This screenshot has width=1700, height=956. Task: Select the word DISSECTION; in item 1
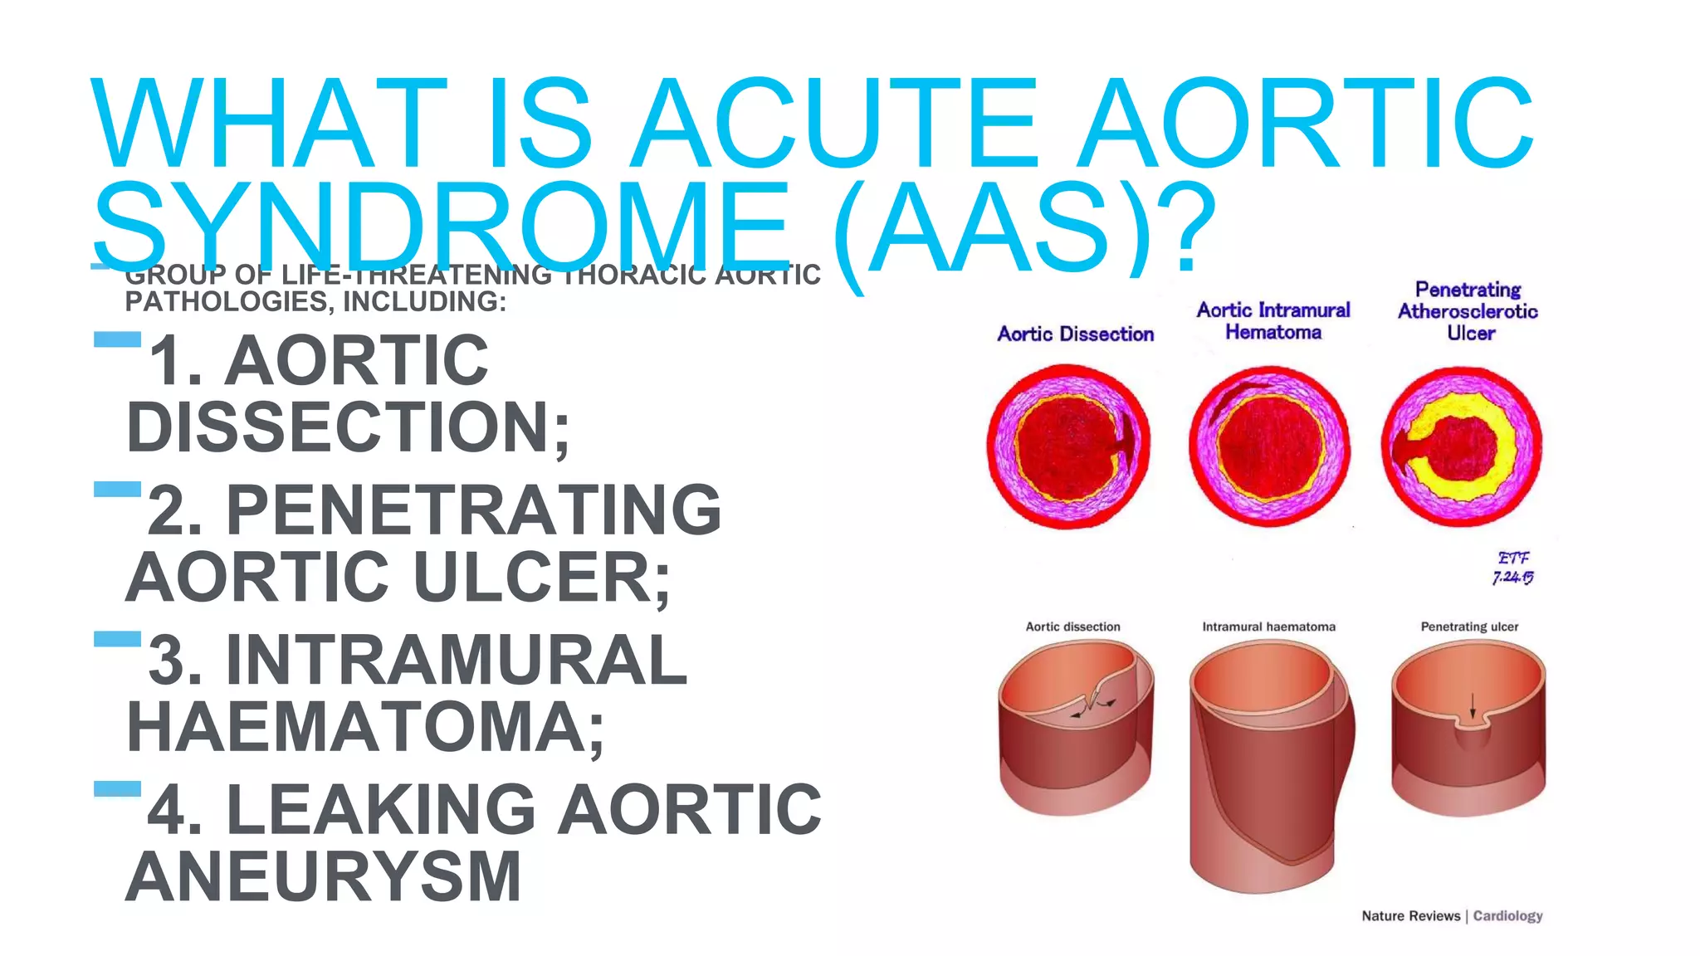pos(348,427)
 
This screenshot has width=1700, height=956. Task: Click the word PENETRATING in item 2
pos(473,510)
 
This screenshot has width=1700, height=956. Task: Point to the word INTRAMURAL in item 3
pos(457,660)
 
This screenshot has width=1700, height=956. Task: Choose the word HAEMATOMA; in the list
pos(365,727)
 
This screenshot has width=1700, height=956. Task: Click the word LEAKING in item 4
pos(381,809)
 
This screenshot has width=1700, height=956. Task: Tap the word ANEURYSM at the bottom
pos(324,876)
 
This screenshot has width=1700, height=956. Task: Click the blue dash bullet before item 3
pos(117,639)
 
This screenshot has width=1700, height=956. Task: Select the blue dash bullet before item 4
pos(117,788)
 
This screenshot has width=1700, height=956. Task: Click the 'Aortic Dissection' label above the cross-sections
pos(1075,334)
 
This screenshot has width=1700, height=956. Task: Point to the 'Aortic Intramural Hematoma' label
pos(1273,321)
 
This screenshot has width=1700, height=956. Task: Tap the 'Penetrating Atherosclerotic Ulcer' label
pos(1468,311)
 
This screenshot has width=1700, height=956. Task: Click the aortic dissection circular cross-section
pos(1068,446)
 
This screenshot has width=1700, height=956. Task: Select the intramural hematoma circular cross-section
pos(1269,446)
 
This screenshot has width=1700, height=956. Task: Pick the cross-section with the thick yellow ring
pos(1462,446)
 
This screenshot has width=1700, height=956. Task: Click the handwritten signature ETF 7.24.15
pos(1512,568)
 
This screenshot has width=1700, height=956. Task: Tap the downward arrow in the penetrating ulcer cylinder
pos(1473,706)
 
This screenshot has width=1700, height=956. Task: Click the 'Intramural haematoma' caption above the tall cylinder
pos(1268,627)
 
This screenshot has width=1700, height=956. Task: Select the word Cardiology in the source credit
pos(1507,915)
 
